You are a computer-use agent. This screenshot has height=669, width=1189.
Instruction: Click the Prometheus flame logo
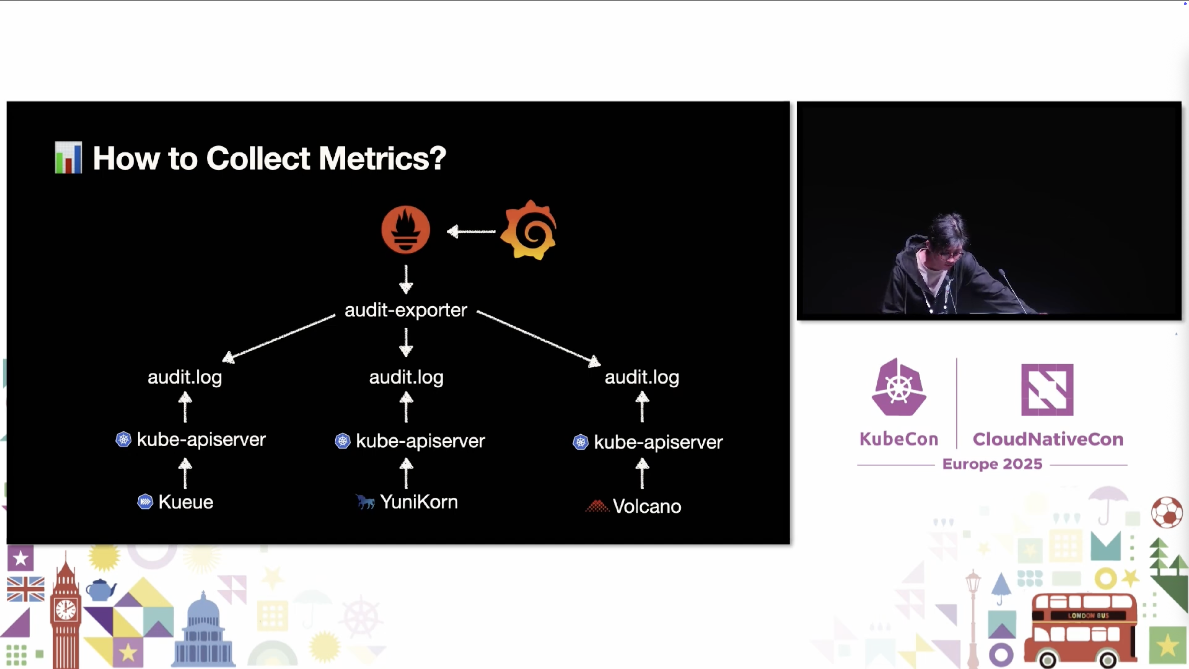406,230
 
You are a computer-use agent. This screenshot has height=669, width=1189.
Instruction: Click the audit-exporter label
406,310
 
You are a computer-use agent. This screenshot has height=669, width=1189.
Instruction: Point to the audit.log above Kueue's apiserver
185,377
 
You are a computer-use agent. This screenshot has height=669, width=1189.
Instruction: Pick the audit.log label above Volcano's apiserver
642,377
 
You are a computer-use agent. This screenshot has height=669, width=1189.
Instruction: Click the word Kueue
186,502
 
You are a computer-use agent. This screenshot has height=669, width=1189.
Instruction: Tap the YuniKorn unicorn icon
365,502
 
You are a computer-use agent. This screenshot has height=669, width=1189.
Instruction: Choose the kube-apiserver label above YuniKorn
420,441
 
